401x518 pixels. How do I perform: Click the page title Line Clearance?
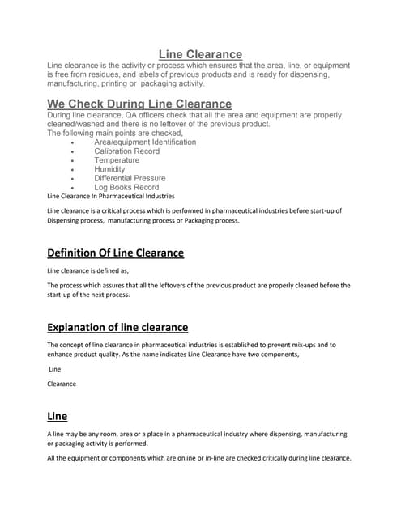(x=200, y=54)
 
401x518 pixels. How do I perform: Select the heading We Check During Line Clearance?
(x=139, y=104)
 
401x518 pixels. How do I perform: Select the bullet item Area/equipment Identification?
(x=145, y=142)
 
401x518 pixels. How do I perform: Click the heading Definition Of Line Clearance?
(x=116, y=253)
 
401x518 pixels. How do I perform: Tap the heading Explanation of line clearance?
(x=117, y=327)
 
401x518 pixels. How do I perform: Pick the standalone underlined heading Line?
(x=58, y=416)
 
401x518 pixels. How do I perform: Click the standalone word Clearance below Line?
(x=62, y=384)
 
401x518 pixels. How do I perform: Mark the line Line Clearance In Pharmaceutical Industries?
(x=111, y=196)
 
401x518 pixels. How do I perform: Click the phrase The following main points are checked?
(x=115, y=134)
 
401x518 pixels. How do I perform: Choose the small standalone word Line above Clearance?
(x=55, y=369)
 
